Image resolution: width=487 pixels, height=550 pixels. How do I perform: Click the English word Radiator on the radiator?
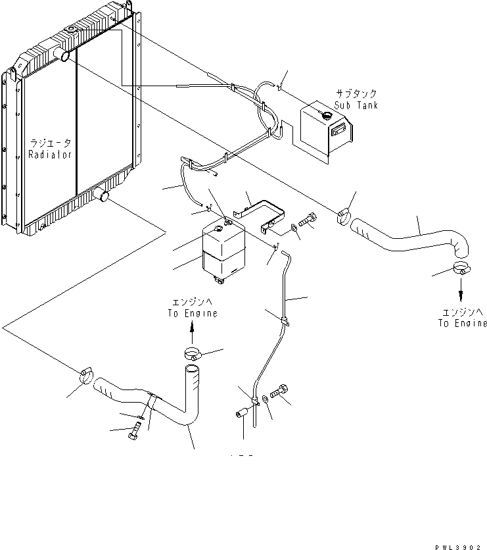tap(49, 154)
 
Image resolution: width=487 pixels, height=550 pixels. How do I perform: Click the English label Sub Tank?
tap(356, 105)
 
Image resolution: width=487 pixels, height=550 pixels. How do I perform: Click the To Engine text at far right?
tap(463, 323)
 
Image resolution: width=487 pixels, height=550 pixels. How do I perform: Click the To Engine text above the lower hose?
tap(191, 314)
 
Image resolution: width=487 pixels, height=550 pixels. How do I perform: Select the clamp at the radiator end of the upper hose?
tap(344, 216)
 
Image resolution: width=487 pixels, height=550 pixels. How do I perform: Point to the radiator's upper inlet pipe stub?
tap(65, 57)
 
